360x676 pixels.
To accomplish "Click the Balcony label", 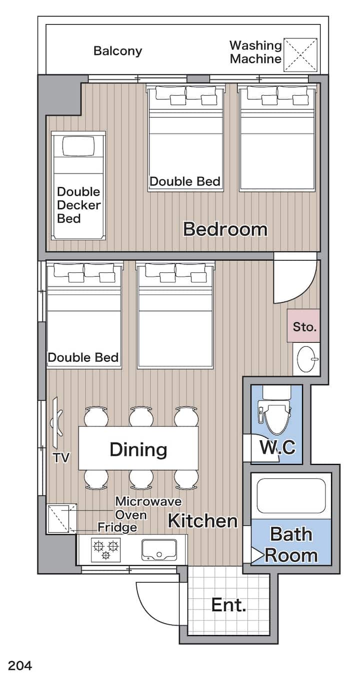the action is (x=117, y=51).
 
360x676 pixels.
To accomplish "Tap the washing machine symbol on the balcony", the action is (x=300, y=55).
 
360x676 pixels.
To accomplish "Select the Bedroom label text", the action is (x=225, y=229).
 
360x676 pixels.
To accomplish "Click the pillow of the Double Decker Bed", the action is (x=78, y=146).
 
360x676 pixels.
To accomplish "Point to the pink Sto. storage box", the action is (x=303, y=326).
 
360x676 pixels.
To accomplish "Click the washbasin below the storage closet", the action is (x=307, y=359).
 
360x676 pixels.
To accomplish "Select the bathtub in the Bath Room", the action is (x=291, y=495).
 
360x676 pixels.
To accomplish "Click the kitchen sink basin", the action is (x=159, y=550).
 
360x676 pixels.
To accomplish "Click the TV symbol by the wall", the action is (x=57, y=422).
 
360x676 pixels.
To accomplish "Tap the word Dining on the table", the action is (x=138, y=450).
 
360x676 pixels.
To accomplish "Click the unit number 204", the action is (x=20, y=665).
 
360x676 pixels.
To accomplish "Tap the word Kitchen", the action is (x=202, y=520).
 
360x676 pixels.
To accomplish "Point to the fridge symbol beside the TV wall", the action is (x=62, y=518).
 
